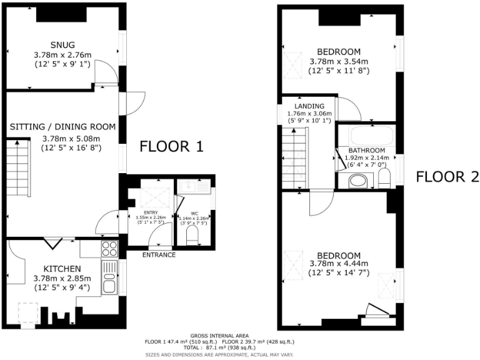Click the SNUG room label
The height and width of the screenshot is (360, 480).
click(x=62, y=44)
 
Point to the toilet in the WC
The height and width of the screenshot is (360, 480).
click(x=192, y=236)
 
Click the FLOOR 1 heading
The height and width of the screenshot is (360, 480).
click(x=171, y=147)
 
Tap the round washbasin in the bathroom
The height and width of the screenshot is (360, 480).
click(x=357, y=181)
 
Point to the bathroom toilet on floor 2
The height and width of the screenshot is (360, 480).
click(x=384, y=177)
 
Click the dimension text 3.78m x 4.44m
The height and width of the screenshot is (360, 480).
click(x=339, y=263)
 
